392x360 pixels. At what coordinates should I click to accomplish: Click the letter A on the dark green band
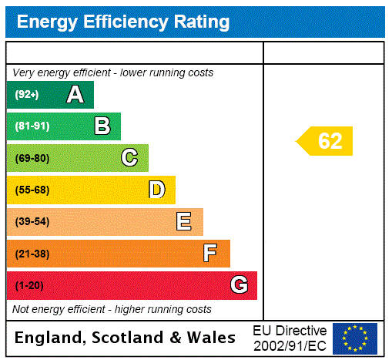pos(75,95)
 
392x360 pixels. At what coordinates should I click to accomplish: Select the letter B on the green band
pos(102,126)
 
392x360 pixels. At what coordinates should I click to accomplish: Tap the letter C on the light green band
pos(129,158)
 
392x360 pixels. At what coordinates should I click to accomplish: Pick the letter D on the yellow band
pos(156,190)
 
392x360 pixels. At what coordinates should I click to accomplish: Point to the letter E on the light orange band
pos(184,222)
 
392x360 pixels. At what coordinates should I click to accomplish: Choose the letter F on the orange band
pos(210,254)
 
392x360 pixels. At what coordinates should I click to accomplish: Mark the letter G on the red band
pos(239,285)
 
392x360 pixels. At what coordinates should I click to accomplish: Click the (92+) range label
pos(27,95)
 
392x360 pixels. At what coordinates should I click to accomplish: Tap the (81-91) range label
pos(32,126)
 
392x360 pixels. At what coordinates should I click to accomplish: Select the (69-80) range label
pos(32,158)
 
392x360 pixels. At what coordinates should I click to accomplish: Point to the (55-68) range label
pos(32,190)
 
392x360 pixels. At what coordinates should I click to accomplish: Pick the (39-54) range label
pos(32,222)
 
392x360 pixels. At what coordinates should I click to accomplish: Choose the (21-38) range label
pos(32,254)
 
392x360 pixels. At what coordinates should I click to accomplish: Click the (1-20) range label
pos(29,286)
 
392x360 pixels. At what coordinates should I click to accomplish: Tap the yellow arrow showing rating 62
pos(326,141)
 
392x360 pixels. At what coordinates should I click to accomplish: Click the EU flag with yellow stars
pos(354,338)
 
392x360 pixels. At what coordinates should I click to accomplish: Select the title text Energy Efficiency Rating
pos(123,22)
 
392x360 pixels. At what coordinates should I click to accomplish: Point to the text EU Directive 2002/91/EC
pos(290,338)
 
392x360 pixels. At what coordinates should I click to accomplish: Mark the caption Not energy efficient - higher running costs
pos(112,309)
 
